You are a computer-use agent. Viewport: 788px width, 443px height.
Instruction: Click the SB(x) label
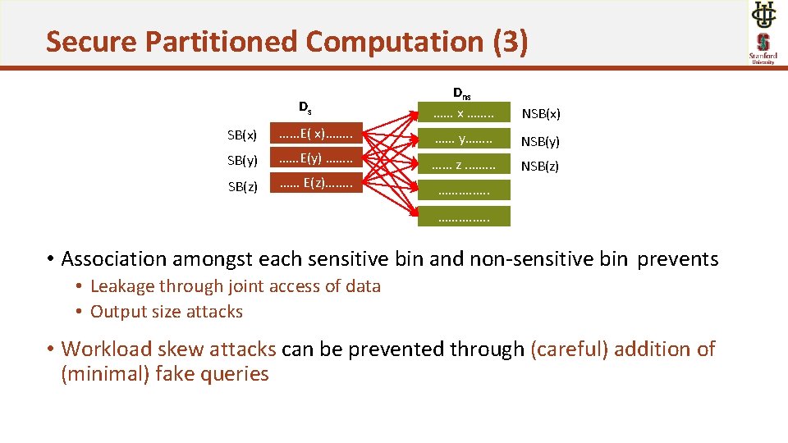tap(242, 135)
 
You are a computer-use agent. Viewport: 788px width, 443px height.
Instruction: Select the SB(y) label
tap(242, 160)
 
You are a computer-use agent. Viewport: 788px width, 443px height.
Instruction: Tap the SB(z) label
tap(242, 186)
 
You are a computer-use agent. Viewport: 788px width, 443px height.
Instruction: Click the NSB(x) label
tap(541, 114)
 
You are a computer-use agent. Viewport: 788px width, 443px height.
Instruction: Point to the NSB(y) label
tap(541, 141)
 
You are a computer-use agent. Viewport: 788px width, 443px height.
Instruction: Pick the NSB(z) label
tap(541, 167)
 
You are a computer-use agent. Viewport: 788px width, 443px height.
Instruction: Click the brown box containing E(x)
tap(316, 133)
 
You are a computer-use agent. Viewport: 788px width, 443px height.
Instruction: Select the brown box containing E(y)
tap(316, 158)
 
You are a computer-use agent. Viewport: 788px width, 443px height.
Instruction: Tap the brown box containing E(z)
tap(316, 184)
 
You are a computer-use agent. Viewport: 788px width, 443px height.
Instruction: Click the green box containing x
tap(464, 112)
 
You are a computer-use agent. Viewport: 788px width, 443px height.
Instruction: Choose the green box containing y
tap(464, 139)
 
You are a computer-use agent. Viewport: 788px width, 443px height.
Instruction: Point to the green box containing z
tap(464, 165)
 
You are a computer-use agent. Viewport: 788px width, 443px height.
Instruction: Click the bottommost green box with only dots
tap(464, 217)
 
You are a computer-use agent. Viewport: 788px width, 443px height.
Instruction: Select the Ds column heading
tap(305, 107)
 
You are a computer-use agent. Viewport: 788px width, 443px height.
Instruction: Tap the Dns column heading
tap(462, 93)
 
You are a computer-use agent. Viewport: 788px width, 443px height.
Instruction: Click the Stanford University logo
tap(763, 47)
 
